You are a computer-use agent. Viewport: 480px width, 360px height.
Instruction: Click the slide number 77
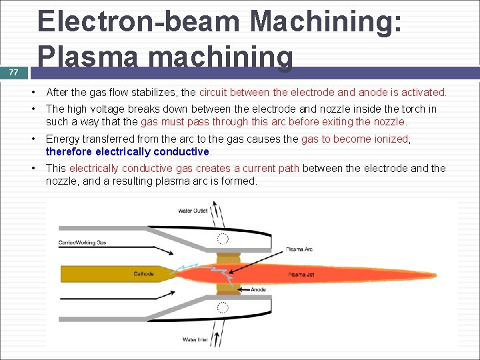(x=13, y=73)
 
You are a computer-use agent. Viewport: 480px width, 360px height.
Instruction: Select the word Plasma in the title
(x=89, y=57)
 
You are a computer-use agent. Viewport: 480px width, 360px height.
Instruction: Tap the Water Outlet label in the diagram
(x=193, y=211)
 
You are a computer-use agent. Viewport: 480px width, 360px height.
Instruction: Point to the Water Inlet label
(x=195, y=339)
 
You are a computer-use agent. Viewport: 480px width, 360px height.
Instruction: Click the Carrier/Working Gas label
(x=82, y=242)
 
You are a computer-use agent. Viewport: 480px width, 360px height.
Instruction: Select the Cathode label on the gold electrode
(x=143, y=274)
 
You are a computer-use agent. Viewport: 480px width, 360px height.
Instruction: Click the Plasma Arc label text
(x=299, y=249)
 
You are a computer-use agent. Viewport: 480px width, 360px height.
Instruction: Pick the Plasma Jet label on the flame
(x=297, y=275)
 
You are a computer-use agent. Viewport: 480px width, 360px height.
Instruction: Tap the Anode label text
(x=258, y=290)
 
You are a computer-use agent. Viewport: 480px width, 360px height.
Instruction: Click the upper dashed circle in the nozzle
(x=223, y=239)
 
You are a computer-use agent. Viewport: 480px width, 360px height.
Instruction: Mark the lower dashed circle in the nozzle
(x=223, y=308)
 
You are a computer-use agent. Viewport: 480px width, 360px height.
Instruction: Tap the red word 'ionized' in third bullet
(x=390, y=139)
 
